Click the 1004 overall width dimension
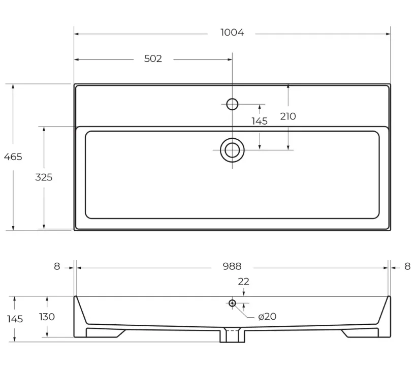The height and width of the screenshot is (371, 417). (232, 33)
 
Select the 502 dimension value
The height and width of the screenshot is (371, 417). (153, 59)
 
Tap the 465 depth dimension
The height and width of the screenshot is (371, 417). (13, 157)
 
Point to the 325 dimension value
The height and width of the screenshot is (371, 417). (44, 177)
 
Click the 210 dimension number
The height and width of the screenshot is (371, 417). (288, 116)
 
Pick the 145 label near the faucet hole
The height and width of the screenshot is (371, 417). (260, 121)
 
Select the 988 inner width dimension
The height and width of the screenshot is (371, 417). (232, 266)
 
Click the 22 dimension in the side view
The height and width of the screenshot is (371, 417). (244, 282)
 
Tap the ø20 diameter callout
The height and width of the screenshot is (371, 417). (267, 317)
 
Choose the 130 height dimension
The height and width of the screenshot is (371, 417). (47, 317)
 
